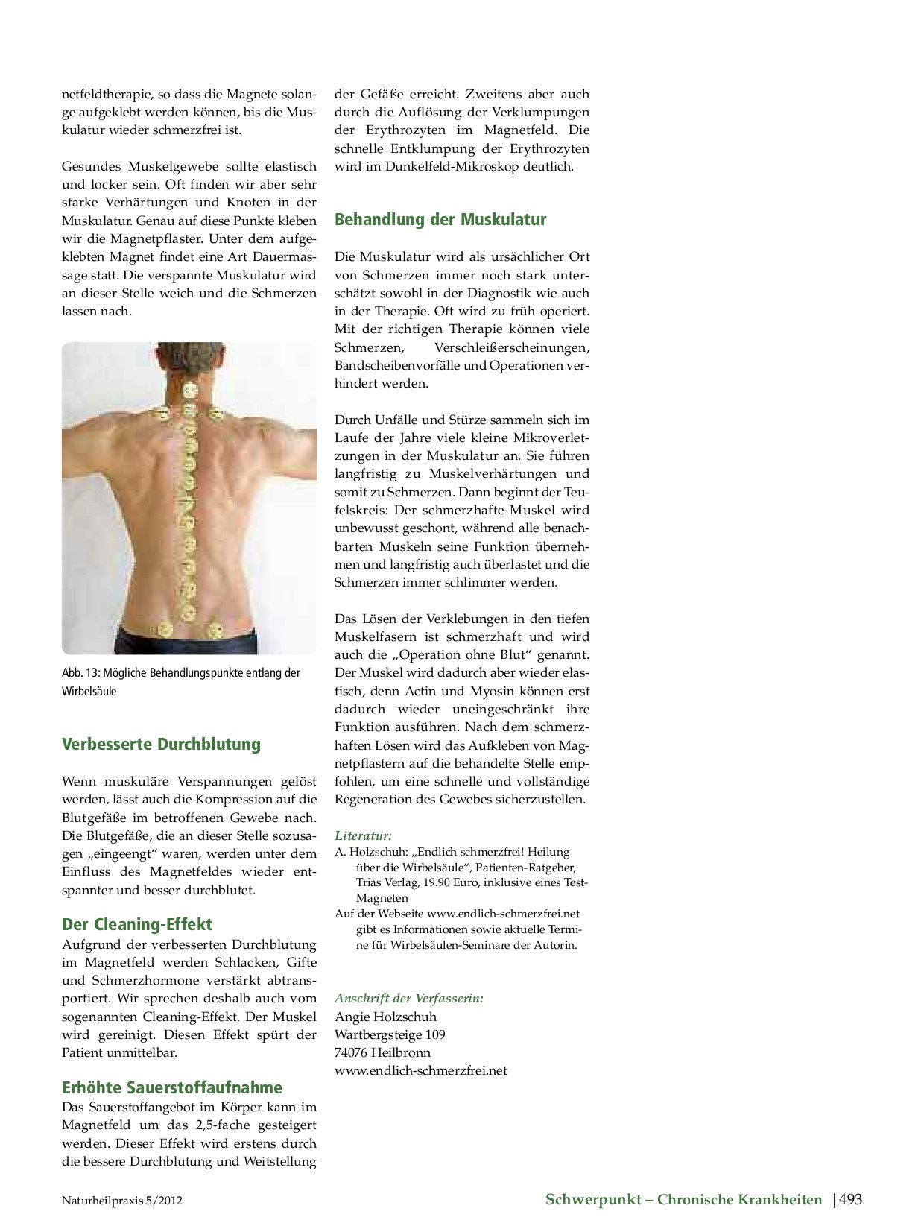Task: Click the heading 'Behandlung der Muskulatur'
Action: (440, 220)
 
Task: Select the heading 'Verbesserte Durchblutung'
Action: (161, 745)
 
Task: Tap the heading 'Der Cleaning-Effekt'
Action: (136, 925)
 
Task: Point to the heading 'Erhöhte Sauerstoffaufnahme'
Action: (171, 1087)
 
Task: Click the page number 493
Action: (850, 1199)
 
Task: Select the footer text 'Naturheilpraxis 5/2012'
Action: (121, 1201)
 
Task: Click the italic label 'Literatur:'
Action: (363, 836)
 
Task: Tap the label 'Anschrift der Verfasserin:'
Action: (408, 998)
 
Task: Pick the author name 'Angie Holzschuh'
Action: (385, 1017)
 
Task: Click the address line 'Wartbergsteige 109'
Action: (390, 1034)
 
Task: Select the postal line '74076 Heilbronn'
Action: (382, 1052)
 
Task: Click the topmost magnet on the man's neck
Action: (189, 389)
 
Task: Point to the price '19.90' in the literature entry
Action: (437, 883)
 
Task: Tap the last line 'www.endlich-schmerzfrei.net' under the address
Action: (420, 1071)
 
